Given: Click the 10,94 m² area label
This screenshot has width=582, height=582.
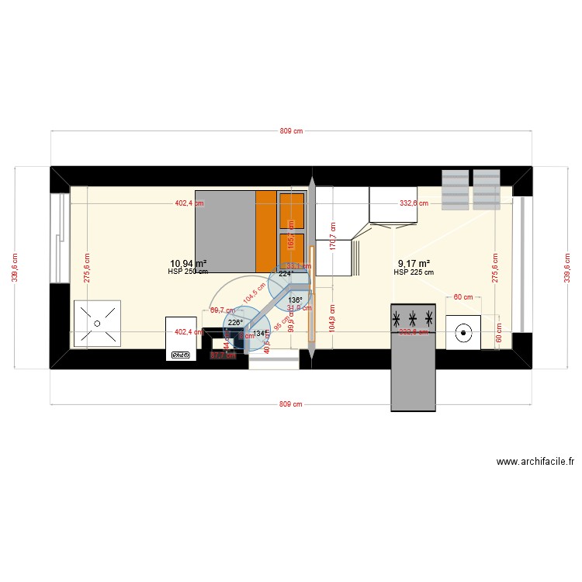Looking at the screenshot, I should [189, 264].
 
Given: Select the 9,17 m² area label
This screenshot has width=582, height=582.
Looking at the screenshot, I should [414, 264].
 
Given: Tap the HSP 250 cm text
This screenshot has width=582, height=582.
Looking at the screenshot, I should [188, 272].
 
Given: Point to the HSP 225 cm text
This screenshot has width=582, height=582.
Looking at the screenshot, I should [414, 272].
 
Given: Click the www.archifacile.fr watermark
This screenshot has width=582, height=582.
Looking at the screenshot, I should [535, 462].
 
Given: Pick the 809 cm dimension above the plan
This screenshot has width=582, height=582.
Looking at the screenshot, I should [291, 132].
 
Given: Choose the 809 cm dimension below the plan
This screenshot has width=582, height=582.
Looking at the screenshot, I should [291, 404].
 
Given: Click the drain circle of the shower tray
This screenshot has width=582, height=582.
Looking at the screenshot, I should [98, 323].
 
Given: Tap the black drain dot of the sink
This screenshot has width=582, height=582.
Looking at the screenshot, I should [463, 333].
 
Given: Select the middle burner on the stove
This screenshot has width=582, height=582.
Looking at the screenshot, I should [413, 318].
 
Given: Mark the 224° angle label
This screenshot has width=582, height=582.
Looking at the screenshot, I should [286, 273].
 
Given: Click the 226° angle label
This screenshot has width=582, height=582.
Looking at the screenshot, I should [235, 323].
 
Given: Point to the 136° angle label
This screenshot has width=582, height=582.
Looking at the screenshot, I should [295, 300].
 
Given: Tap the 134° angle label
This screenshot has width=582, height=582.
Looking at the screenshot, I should [261, 334].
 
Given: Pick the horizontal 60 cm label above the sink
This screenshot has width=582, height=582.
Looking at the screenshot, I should [463, 296].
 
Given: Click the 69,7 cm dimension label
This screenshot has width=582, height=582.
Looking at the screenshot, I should [222, 310].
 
